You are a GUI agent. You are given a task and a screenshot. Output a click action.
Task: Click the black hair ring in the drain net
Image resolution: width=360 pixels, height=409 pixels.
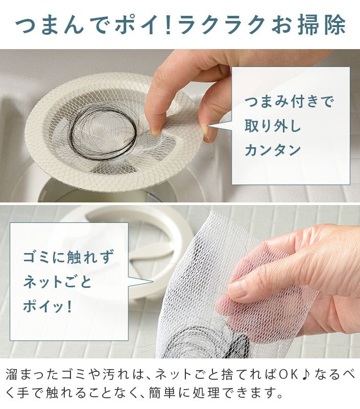click(x=103, y=133)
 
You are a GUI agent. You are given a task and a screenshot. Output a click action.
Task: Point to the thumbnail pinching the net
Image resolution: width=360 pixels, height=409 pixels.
click(x=208, y=134)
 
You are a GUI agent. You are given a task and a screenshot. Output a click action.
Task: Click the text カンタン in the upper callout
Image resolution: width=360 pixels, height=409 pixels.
click(x=273, y=150)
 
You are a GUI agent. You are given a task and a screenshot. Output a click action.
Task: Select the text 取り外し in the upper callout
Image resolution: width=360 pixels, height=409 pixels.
click(x=273, y=126)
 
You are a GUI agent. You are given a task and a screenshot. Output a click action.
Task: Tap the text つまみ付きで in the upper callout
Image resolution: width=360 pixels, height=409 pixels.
click(x=289, y=101)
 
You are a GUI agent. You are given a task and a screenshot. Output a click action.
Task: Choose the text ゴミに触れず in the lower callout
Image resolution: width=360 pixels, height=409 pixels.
click(x=68, y=257)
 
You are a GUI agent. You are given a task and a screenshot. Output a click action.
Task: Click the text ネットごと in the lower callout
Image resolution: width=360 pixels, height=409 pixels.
click(x=57, y=282)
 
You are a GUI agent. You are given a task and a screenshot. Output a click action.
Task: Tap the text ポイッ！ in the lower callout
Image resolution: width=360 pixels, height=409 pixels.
click(x=47, y=306)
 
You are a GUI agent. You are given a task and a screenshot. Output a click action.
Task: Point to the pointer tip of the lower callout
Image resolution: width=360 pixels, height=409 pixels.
click(x=152, y=282)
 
